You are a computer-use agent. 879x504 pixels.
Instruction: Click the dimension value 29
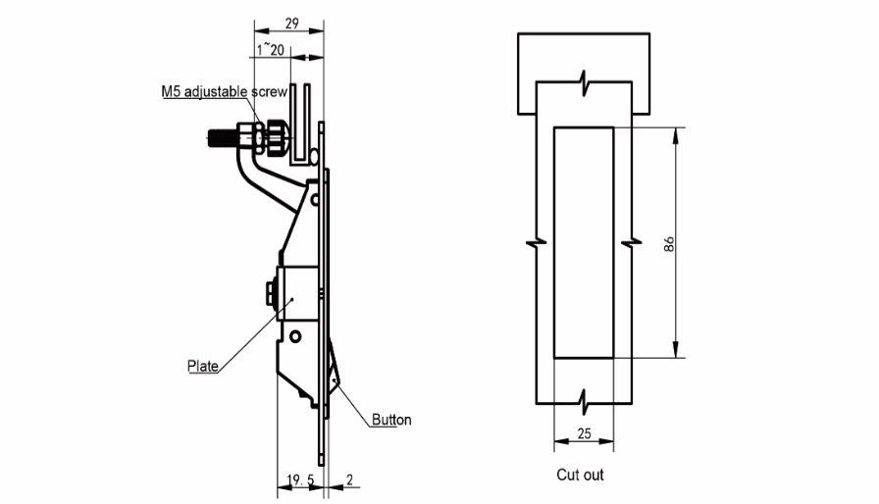pos(291,24)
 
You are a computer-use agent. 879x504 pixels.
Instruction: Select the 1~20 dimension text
pos(271,50)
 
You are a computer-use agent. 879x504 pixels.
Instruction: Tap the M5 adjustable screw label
pos(225,91)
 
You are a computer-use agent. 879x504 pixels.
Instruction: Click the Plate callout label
pos(203,367)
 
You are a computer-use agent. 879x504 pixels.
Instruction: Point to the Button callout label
pos(391,420)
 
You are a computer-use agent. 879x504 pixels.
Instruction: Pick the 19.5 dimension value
pos(300,479)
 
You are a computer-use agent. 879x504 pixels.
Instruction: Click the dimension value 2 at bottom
pos(350,479)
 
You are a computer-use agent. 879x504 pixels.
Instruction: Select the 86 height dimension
pos(669,244)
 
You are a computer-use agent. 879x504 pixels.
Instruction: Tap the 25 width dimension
pos(584,434)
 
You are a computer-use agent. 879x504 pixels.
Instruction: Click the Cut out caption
pos(580,475)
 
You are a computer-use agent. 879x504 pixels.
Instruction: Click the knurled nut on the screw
pos(276,137)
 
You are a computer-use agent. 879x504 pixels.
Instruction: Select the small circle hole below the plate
pos(295,336)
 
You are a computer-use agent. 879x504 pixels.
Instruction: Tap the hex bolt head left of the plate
pos(270,294)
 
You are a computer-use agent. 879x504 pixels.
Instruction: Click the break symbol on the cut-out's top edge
pos(584,83)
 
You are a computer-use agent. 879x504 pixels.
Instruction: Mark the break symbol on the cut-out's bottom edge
pos(584,402)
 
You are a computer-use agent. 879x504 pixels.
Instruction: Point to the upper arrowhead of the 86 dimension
pos(676,134)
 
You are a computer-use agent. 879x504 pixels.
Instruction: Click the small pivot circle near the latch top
pos(315,199)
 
